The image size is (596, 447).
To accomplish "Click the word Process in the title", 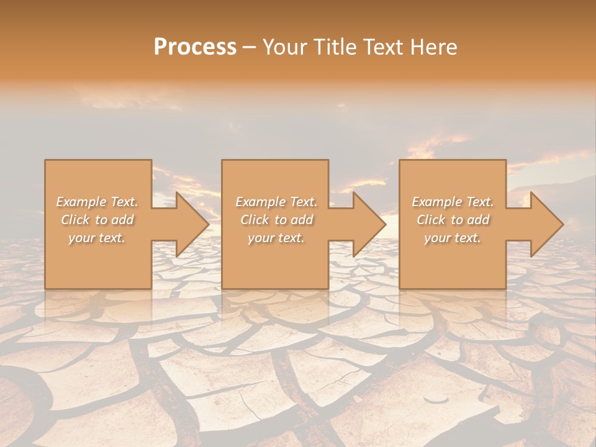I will tap(195, 47).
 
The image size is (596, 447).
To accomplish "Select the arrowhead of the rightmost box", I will tap(546, 224).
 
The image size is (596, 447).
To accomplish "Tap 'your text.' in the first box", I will tap(97, 238).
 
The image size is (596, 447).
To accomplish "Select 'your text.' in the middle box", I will tap(276, 238).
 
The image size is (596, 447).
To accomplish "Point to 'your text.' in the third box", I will tap(453, 238).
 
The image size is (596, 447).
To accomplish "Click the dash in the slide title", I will tap(250, 47).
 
